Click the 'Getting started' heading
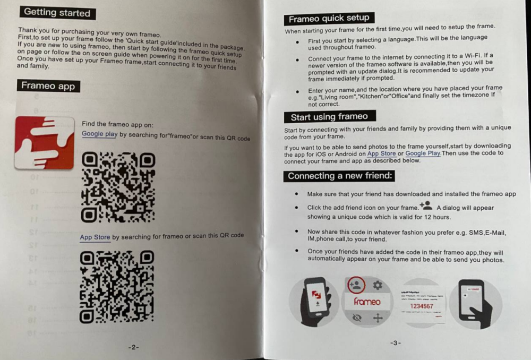click(x=57, y=13)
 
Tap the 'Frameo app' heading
click(x=48, y=85)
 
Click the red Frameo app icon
click(x=45, y=143)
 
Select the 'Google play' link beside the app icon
click(x=100, y=134)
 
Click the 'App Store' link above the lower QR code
click(x=95, y=237)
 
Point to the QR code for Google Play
click(x=118, y=187)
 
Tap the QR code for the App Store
click(x=117, y=287)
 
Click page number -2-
click(x=133, y=347)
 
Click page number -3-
click(x=395, y=342)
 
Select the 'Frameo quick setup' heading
click(x=329, y=18)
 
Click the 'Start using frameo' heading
click(x=330, y=117)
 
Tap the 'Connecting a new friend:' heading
click(x=339, y=176)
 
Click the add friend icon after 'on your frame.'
click(x=426, y=205)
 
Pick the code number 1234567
click(x=422, y=306)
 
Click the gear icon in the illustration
click(x=378, y=286)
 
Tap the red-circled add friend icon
click(x=356, y=285)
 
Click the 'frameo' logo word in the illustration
click(x=367, y=301)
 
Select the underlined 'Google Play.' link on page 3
click(x=423, y=153)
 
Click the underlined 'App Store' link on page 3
click(x=382, y=153)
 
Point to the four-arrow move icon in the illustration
click(x=378, y=318)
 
